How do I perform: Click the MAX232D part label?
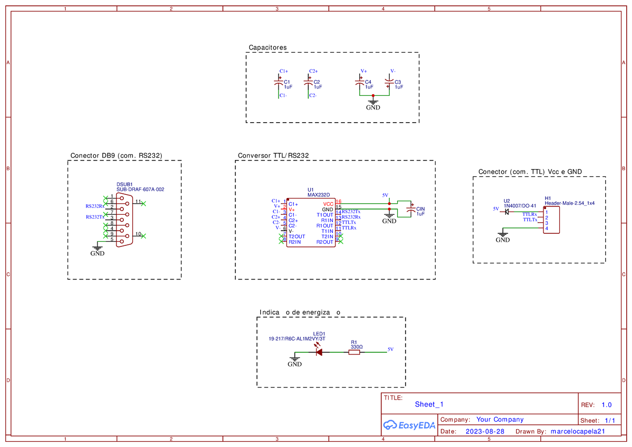click(318, 195)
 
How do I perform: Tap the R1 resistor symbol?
click(354, 353)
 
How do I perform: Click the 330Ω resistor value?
click(357, 347)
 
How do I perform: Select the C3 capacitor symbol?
click(389, 82)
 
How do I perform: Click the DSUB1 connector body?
click(124, 220)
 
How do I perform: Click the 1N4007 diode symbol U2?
click(507, 212)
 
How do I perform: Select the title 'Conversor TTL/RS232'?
click(273, 156)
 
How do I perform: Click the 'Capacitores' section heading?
click(268, 47)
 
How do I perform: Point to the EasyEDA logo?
click(409, 425)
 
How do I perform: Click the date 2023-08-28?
click(485, 431)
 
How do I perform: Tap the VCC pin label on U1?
click(328, 203)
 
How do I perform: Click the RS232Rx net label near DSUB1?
click(95, 206)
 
